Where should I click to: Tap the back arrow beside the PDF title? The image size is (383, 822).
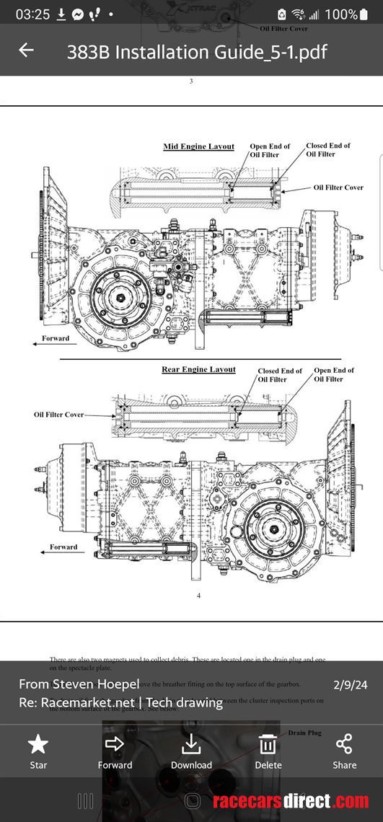tap(26, 50)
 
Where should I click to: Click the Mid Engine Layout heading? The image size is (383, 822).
tap(198, 146)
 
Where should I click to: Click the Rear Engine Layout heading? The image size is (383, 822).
tap(198, 369)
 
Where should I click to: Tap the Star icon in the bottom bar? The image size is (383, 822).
tap(38, 744)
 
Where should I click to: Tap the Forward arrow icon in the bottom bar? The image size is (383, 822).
tap(115, 744)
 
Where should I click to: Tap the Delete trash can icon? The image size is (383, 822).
tap(268, 744)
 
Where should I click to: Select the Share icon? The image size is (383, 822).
tap(344, 744)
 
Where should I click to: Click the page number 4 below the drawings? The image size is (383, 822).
tap(198, 595)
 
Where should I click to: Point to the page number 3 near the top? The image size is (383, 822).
tap(191, 81)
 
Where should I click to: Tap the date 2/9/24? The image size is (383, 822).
tap(351, 684)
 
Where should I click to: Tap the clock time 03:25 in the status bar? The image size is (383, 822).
tap(31, 14)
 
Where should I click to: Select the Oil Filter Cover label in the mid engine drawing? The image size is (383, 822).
tap(338, 187)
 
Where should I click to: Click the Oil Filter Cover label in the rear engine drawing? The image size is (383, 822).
tap(58, 415)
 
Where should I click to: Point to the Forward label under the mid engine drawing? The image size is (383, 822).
tap(56, 338)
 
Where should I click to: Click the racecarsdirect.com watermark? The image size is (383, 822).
tap(291, 801)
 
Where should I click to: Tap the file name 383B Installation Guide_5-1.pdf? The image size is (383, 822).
tap(197, 52)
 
